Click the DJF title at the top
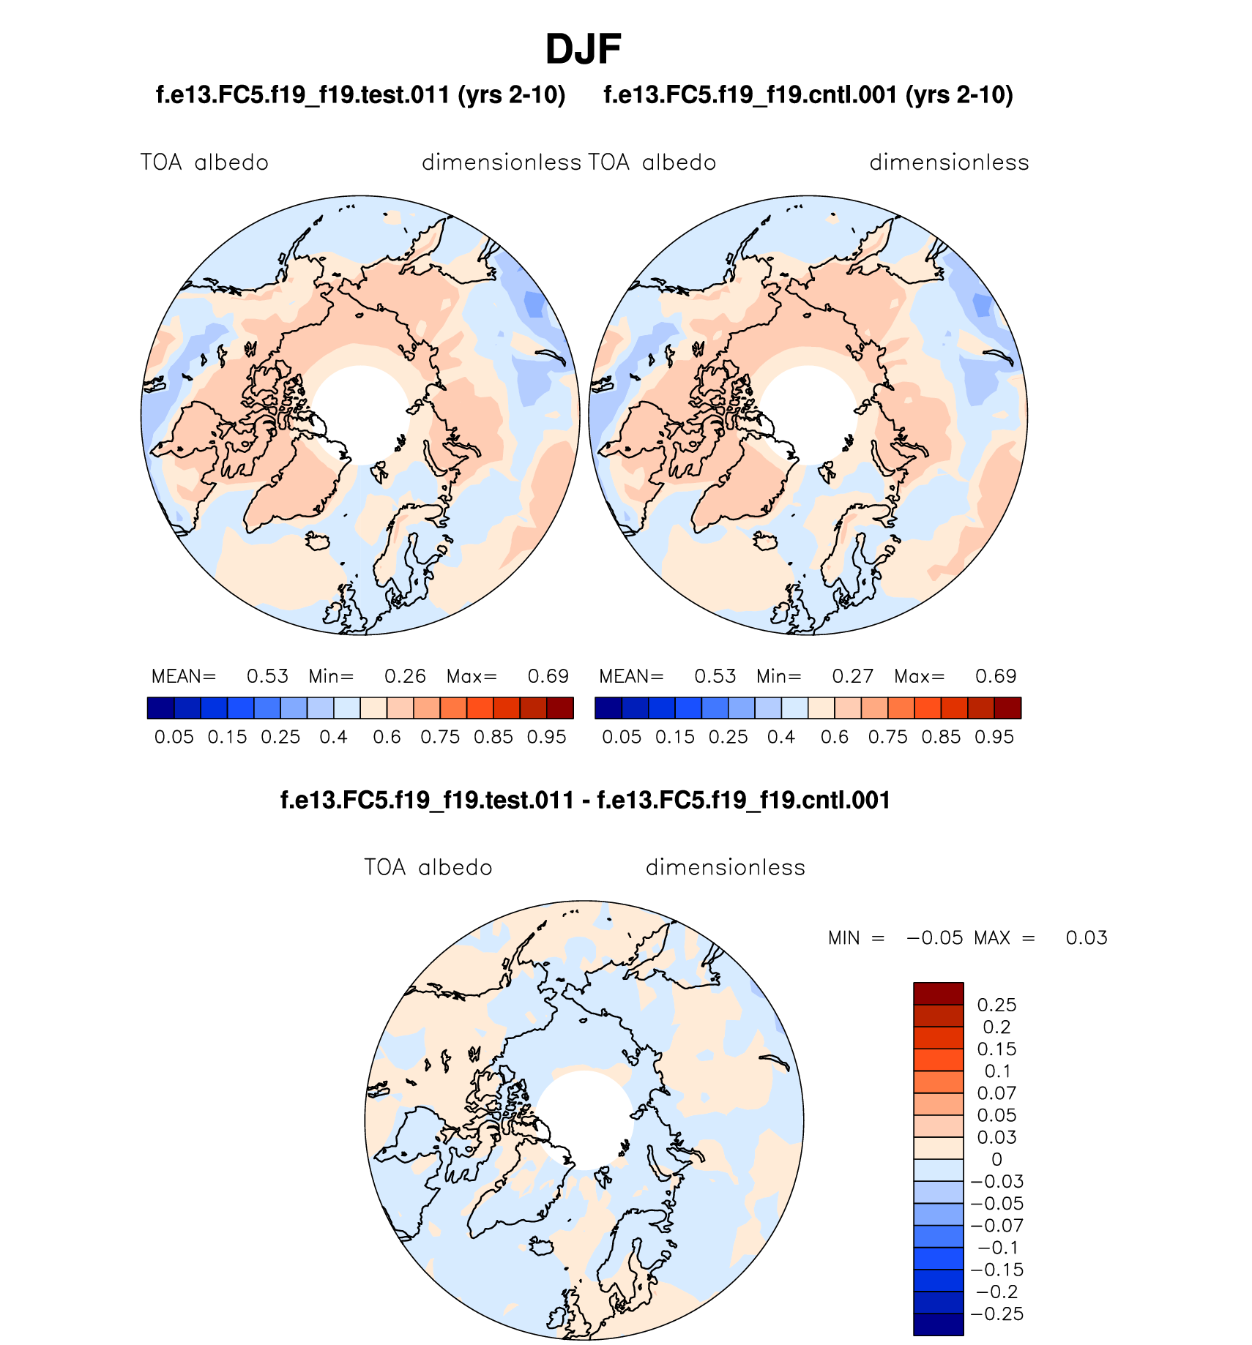[583, 50]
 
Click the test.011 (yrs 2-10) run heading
[360, 95]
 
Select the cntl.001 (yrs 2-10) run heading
[808, 95]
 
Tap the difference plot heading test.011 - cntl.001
[585, 800]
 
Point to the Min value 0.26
[405, 676]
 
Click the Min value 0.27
[852, 676]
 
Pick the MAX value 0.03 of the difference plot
[1086, 938]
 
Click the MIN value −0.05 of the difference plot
[935, 938]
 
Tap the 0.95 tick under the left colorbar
[546, 737]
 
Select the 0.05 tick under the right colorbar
[622, 737]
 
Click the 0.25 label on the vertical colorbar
[996, 1005]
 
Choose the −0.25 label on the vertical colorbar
[996, 1314]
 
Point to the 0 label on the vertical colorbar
[996, 1159]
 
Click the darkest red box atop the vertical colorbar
[938, 994]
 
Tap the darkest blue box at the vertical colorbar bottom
[938, 1325]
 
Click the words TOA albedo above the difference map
[428, 868]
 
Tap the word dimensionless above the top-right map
[949, 162]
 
